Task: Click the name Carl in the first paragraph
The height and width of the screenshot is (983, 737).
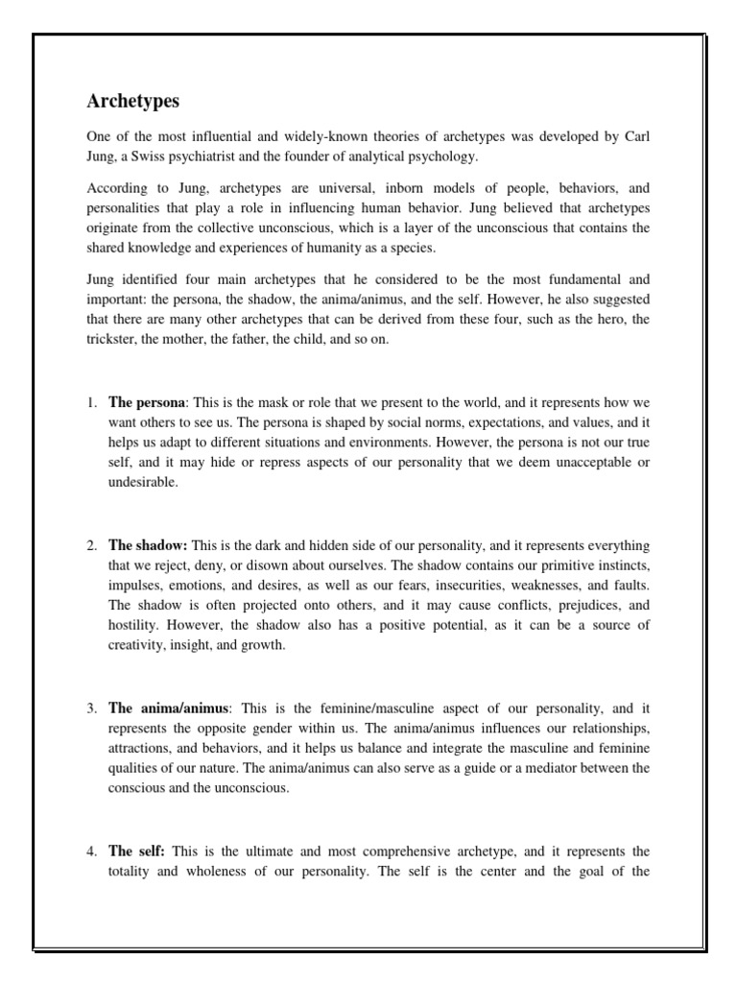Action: point(633,137)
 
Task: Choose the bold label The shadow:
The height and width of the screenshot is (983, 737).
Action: point(147,545)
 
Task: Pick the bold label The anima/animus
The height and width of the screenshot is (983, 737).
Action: point(169,708)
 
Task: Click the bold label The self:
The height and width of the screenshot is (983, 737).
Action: point(137,851)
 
